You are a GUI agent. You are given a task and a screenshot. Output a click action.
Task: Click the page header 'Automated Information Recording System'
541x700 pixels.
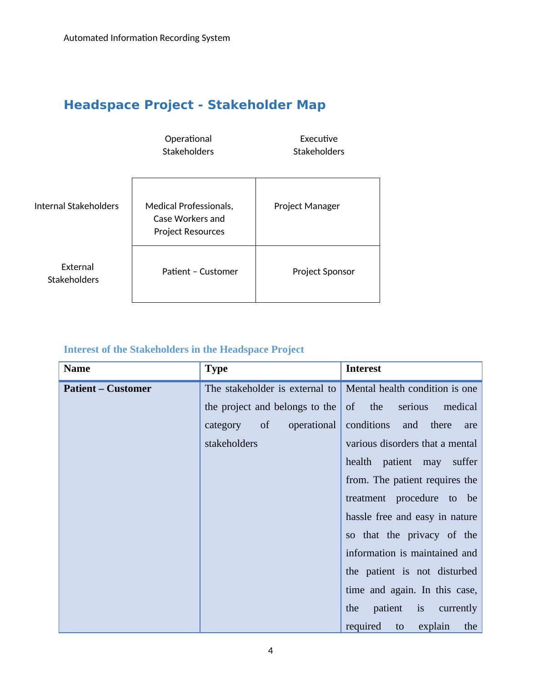(146, 38)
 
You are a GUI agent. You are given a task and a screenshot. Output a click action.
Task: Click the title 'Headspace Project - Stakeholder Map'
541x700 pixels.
(195, 105)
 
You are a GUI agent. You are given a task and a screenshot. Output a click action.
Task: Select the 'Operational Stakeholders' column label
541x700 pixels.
(188, 145)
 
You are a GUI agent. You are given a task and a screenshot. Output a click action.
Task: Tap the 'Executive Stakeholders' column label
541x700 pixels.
(318, 145)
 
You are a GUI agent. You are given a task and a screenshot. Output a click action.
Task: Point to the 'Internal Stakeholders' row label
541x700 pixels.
(76, 206)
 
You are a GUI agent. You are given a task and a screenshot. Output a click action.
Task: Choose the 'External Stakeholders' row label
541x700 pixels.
(75, 273)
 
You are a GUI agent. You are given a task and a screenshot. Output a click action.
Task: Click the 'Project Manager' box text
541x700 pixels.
(307, 206)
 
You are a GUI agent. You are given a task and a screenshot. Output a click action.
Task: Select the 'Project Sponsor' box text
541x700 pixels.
(323, 271)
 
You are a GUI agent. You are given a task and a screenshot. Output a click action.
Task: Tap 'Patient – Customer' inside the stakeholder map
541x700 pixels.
(200, 271)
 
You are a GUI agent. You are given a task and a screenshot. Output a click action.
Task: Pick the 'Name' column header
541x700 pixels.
(77, 369)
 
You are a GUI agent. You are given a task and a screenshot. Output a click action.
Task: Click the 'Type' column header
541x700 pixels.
(216, 369)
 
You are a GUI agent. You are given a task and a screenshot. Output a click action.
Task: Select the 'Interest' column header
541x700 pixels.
(363, 369)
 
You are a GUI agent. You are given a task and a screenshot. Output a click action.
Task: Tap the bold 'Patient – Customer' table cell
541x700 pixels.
(107, 389)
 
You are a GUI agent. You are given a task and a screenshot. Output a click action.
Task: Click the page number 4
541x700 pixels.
(270, 650)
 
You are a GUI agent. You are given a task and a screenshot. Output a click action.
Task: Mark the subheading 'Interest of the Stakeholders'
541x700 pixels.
(184, 349)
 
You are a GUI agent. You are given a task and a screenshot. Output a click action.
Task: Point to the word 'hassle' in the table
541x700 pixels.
(359, 517)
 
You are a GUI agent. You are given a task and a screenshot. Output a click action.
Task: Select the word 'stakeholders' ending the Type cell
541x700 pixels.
(231, 444)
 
